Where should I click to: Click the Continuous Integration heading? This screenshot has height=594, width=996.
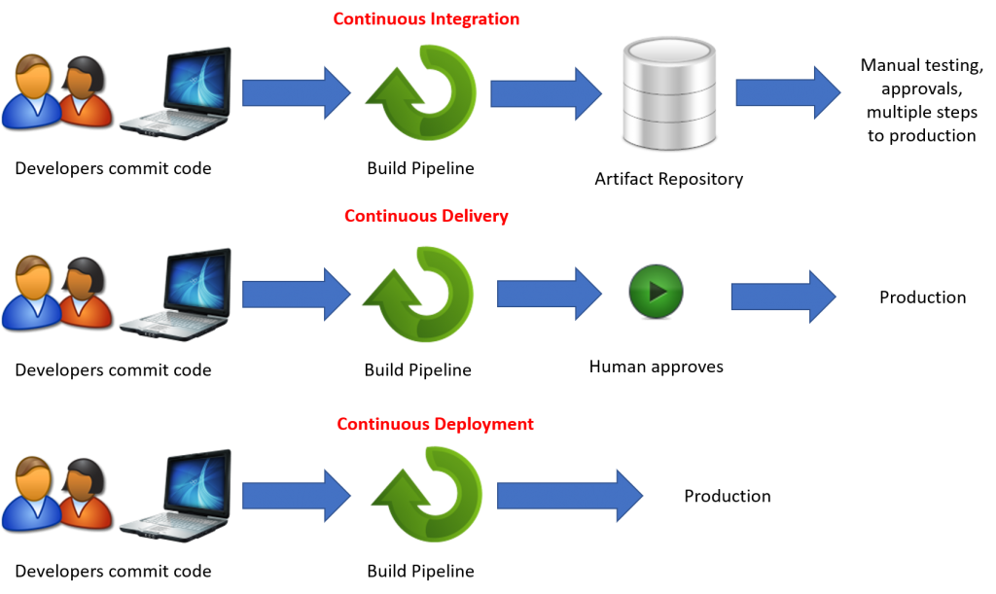[x=426, y=18]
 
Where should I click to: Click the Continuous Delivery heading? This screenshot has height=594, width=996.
[x=426, y=216]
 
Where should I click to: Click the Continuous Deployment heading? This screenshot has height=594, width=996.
[x=435, y=425]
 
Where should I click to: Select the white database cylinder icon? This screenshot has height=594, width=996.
[x=668, y=92]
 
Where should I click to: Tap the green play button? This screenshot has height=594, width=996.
[x=656, y=291]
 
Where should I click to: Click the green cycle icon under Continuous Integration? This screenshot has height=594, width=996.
[x=424, y=93]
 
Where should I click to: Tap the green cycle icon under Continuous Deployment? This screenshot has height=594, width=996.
[x=429, y=494]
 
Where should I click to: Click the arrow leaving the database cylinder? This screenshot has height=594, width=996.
[x=788, y=92]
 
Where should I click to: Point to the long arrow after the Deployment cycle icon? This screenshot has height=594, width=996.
[x=570, y=495]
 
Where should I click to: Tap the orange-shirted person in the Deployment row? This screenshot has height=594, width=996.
[x=86, y=495]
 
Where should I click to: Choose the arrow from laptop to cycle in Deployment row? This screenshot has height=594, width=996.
[x=296, y=495]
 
